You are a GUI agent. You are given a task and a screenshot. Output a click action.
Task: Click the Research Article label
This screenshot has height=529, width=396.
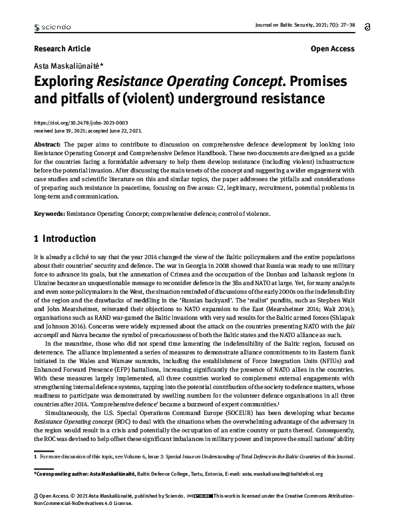pos(61,49)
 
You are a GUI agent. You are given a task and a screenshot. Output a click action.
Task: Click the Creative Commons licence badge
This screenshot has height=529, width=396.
pos(200,496)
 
